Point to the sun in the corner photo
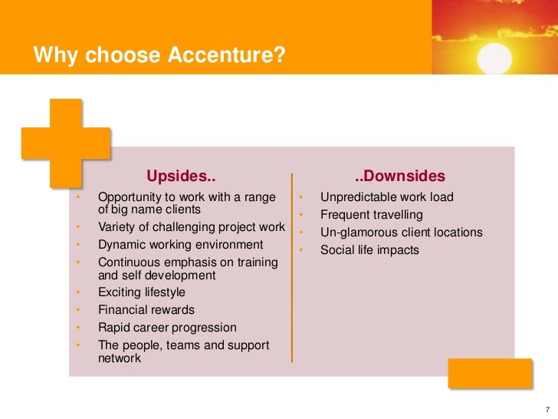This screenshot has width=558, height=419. tap(494, 55)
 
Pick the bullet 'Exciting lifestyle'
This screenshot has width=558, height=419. tap(141, 292)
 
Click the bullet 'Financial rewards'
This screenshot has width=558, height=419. tap(146, 310)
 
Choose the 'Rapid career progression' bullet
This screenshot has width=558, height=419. tap(167, 328)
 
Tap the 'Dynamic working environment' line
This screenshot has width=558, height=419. tap(180, 245)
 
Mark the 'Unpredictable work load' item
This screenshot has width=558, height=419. tap(386, 197)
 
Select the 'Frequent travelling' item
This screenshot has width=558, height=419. tap(371, 215)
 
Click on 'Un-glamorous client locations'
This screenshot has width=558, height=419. tap(401, 233)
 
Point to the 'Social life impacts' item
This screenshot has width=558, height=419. tap(369, 250)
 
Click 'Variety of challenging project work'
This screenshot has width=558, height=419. tap(191, 227)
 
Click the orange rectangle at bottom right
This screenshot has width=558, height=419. tap(490, 373)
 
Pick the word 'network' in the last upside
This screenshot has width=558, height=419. tap(120, 358)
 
